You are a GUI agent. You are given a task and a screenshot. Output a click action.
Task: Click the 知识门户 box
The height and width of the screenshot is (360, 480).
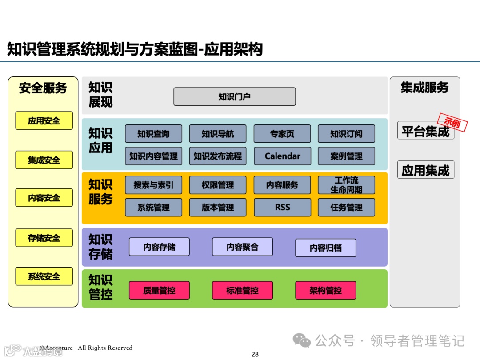[234, 96]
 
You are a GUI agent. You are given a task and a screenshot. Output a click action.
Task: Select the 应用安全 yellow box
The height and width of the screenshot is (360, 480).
[44, 120]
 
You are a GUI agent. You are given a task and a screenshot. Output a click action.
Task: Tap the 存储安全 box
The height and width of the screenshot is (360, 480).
[44, 238]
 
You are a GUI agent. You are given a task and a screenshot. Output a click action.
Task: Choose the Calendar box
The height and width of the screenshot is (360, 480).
[282, 156]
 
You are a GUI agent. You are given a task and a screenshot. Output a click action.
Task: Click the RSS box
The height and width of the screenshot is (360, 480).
[282, 207]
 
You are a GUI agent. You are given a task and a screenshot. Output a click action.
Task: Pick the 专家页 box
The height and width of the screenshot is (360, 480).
[282, 134]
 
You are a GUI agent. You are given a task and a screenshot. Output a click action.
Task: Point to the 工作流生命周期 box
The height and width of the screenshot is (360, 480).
[346, 185]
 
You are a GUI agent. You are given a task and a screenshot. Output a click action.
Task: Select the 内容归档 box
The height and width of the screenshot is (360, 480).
[325, 248]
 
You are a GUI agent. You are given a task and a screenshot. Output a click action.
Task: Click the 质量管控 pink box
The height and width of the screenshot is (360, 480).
[159, 290]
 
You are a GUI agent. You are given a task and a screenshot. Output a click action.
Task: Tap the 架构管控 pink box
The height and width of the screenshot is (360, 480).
[325, 290]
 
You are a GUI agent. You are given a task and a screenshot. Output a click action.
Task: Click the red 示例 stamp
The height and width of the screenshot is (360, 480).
[452, 122]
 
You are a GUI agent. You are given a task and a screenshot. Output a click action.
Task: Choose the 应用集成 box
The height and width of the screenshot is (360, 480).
[425, 170]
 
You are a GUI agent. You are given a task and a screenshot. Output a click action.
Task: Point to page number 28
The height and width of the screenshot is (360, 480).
[255, 354]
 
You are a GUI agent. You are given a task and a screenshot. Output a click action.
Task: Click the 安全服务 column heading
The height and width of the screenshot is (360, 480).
[43, 88]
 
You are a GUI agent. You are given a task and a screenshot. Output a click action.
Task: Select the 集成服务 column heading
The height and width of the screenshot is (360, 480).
[424, 88]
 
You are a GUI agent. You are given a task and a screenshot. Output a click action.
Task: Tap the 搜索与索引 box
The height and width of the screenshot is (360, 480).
[153, 185]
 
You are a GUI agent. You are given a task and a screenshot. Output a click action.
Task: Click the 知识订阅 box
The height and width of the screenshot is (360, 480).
[346, 134]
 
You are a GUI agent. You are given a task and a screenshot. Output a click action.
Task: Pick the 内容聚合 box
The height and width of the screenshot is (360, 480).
[242, 247]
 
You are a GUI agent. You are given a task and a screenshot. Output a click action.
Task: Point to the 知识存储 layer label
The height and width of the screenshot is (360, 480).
[100, 247]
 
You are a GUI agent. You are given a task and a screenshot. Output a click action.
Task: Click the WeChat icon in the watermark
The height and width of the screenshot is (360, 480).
[302, 341]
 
